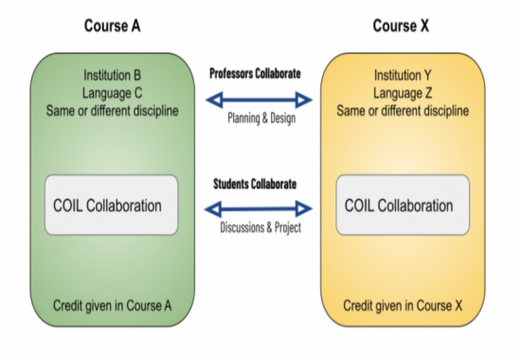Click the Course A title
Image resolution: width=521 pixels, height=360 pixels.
113,25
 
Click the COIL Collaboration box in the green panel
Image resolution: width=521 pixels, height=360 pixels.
111,205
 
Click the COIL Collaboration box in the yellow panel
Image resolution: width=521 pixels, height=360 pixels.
399,205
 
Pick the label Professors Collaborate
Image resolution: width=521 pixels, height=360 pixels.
255,73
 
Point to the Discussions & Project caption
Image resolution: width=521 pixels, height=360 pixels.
258,228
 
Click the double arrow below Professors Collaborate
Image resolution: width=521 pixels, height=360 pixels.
258,99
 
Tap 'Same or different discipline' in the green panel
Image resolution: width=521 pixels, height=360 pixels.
112,110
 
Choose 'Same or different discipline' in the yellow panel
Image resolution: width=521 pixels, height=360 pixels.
402,110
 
